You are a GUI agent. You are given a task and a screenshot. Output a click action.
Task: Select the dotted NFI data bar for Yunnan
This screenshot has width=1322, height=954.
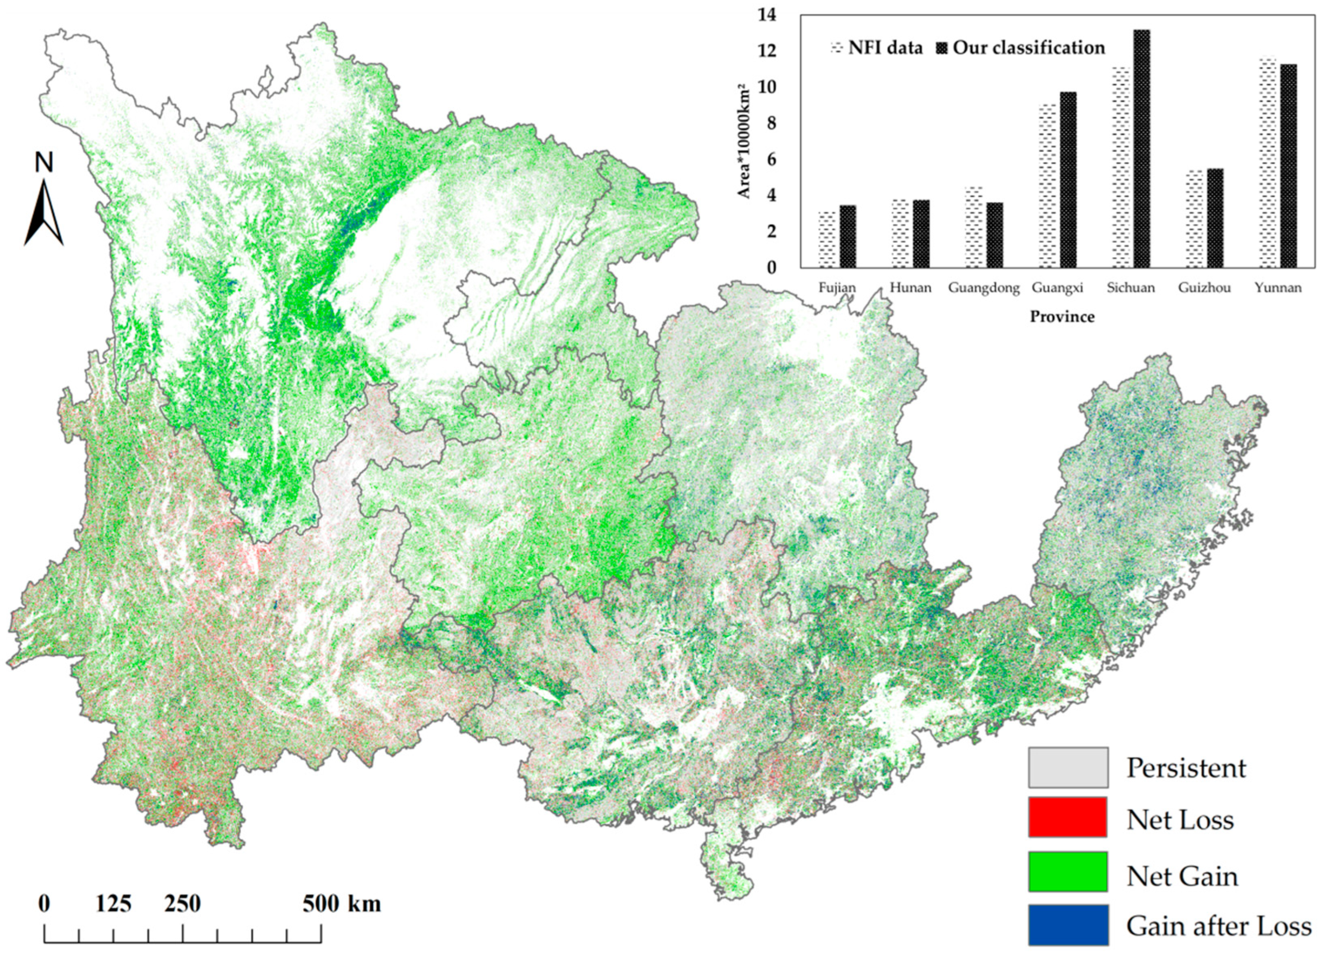pos(1269,163)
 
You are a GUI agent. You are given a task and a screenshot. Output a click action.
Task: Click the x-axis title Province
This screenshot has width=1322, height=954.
pos(1062,317)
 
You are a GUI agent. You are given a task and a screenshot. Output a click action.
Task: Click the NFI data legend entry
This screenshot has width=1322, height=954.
pos(877,48)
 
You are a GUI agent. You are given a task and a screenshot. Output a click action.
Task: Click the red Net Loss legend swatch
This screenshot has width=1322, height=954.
pos(1068,817)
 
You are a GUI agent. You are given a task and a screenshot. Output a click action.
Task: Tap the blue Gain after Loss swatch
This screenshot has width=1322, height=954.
pos(1068,924)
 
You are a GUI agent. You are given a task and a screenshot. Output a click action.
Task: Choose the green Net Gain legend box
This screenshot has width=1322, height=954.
pos(1068,871)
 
